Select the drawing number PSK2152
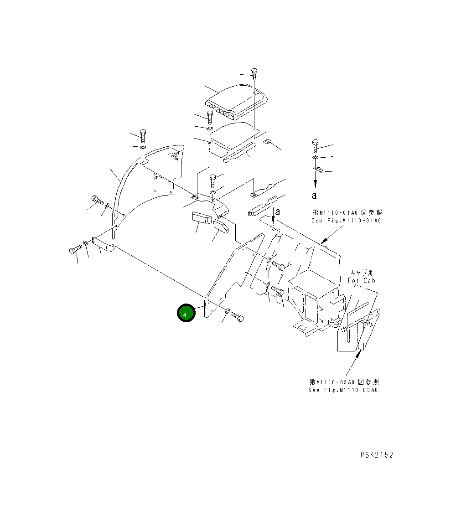[x=376, y=454]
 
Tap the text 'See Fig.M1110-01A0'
[x=346, y=221]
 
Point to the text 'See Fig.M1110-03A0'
[x=343, y=390]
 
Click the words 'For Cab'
[x=361, y=281]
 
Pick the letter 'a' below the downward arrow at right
[x=314, y=196]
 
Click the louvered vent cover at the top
[x=237, y=101]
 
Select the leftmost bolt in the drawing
[x=73, y=250]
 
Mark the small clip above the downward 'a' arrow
[x=318, y=170]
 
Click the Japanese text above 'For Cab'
[x=362, y=273]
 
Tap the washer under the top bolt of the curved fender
[x=143, y=148]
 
